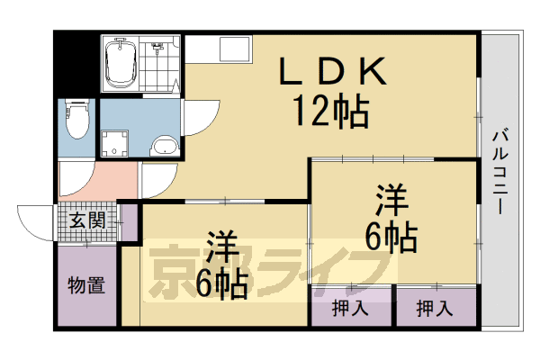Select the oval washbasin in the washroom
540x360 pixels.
coord(165,146)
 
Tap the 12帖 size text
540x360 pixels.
coord(328,112)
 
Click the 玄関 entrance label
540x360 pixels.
coord(87,219)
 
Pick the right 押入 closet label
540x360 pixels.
coord(435,309)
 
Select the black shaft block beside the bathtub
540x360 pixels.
coord(73,64)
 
